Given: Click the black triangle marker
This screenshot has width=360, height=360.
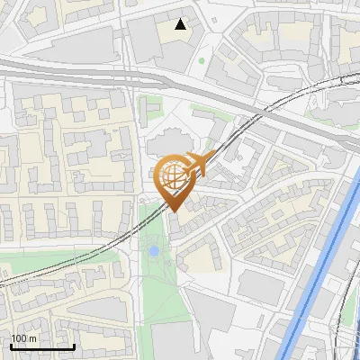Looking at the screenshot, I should (181, 24).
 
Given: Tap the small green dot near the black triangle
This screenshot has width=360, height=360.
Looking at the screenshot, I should (202, 61).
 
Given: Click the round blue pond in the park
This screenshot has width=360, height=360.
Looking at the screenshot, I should (155, 250).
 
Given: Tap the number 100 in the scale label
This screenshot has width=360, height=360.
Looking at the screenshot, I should (18, 338).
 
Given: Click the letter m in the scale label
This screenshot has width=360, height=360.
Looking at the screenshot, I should (32, 338).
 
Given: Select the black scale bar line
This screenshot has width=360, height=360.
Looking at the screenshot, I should (42, 346).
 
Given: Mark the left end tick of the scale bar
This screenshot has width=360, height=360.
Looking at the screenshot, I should (11, 345).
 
